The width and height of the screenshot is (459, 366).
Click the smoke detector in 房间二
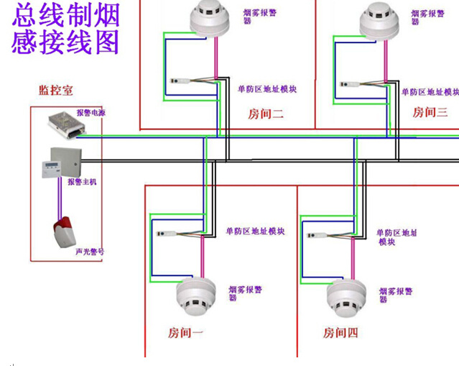(210, 19)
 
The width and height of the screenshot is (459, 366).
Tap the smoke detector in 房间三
(379, 21)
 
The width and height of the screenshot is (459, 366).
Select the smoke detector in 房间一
(196, 296)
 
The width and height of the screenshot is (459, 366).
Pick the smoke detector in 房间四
(346, 298)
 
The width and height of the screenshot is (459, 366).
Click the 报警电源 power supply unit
(67, 125)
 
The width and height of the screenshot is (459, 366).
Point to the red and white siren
(65, 232)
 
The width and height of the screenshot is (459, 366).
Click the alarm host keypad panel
(52, 170)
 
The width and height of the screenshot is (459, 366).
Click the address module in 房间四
(317, 235)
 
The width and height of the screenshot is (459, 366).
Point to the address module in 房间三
(350, 84)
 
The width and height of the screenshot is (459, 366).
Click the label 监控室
(56, 91)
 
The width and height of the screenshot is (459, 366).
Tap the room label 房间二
(266, 114)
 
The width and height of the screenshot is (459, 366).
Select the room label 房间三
(430, 112)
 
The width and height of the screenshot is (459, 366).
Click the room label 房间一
(185, 333)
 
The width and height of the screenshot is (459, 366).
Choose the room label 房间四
(340, 333)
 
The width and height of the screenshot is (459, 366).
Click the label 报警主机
(82, 182)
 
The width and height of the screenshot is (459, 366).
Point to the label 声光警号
(90, 252)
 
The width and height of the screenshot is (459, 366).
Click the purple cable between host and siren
(60, 198)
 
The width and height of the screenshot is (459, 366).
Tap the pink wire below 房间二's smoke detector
(216, 58)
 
